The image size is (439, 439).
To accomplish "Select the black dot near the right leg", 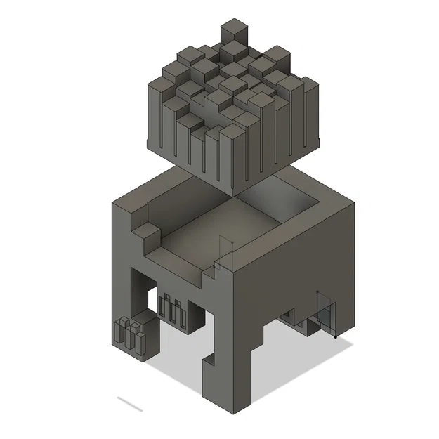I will (x=336, y=337).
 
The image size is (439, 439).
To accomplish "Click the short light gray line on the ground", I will (x=130, y=405).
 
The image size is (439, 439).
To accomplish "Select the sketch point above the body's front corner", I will (x=223, y=240).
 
